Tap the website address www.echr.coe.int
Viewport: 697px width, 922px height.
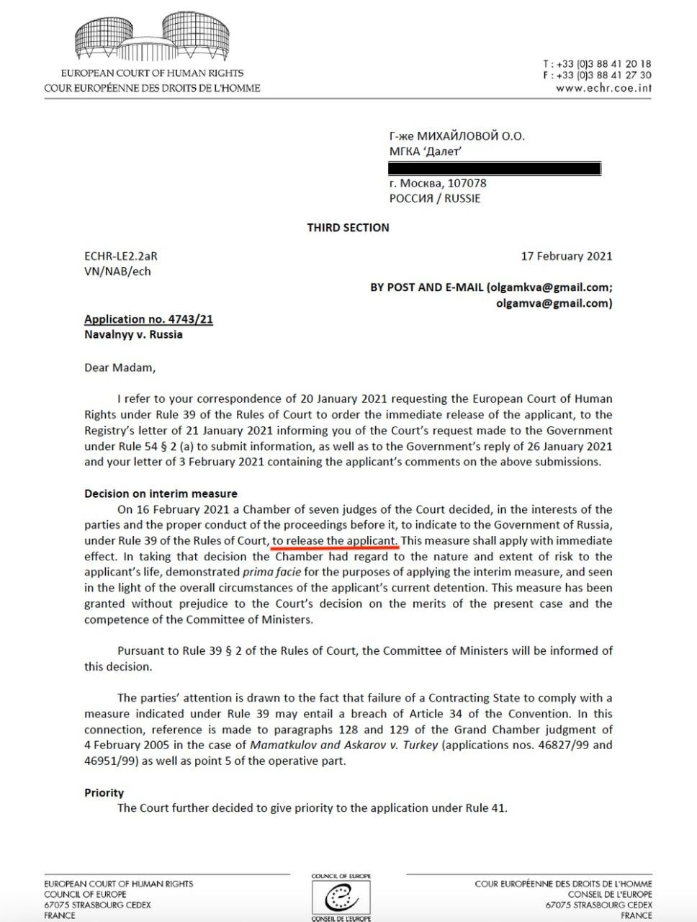click(603, 89)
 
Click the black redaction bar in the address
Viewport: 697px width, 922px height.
click(494, 169)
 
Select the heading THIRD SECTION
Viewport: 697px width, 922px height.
click(348, 228)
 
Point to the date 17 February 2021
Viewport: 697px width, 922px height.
click(567, 256)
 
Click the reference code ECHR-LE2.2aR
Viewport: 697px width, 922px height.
click(120, 256)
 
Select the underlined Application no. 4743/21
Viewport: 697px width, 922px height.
click(148, 319)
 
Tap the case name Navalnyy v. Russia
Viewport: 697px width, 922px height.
click(133, 334)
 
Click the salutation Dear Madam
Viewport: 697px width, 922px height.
click(120, 367)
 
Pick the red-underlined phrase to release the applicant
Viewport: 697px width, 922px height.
click(335, 540)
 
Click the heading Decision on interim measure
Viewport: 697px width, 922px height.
click(161, 493)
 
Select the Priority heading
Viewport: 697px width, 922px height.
click(104, 792)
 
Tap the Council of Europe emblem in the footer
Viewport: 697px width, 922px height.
click(341, 899)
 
